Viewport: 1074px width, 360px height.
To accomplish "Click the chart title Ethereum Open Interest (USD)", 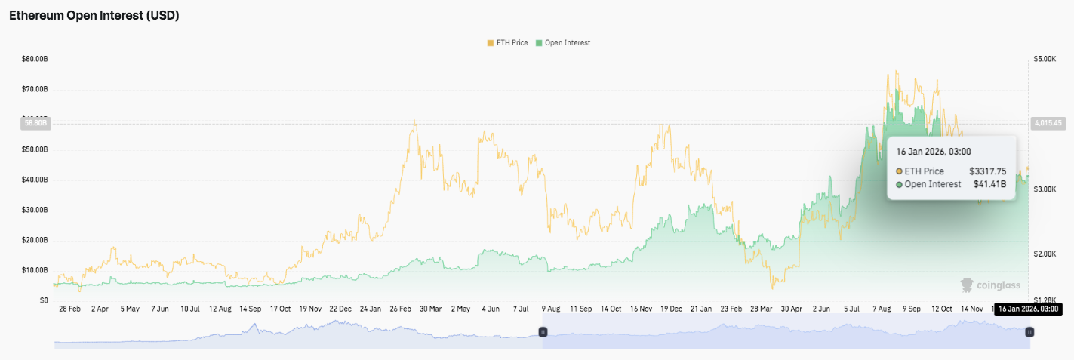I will point(94,15).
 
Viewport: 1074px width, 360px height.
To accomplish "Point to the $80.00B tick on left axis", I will point(35,58).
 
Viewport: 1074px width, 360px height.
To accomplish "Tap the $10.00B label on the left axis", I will point(35,270).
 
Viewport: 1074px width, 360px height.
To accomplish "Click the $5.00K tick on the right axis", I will point(1045,58).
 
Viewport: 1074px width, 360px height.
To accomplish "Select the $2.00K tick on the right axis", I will point(1045,254).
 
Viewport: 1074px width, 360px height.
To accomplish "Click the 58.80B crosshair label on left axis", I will point(35,122).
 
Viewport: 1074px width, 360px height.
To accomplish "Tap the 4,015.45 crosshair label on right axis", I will point(1047,122).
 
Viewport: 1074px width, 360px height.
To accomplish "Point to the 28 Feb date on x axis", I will point(70,309).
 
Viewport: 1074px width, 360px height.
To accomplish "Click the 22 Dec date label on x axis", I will point(340,309).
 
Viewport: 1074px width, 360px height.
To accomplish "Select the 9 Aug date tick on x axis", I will point(550,309).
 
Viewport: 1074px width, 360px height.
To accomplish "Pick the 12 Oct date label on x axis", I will point(943,309).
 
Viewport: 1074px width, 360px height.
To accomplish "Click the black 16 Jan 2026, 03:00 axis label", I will point(1027,309).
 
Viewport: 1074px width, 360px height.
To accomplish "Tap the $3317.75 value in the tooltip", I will point(988,171).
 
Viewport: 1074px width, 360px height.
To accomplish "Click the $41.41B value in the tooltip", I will point(990,184).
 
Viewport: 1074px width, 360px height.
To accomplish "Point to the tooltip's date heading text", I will point(933,152).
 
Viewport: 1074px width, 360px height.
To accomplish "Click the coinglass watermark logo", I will point(989,285).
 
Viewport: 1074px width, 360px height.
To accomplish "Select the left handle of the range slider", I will point(542,332).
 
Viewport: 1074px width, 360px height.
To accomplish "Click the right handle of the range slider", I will point(1029,332).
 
